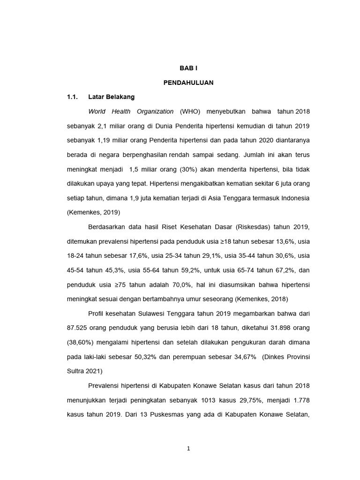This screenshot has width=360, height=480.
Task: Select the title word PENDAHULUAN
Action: (x=188, y=82)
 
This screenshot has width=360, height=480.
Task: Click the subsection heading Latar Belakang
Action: (x=111, y=97)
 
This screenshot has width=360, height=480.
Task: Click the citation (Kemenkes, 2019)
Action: (x=94, y=212)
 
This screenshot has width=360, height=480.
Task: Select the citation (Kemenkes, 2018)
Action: (x=262, y=299)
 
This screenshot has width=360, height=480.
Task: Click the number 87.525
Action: (x=77, y=328)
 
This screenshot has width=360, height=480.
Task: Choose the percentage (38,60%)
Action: (x=82, y=343)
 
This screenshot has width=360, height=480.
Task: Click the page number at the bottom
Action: (x=188, y=449)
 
